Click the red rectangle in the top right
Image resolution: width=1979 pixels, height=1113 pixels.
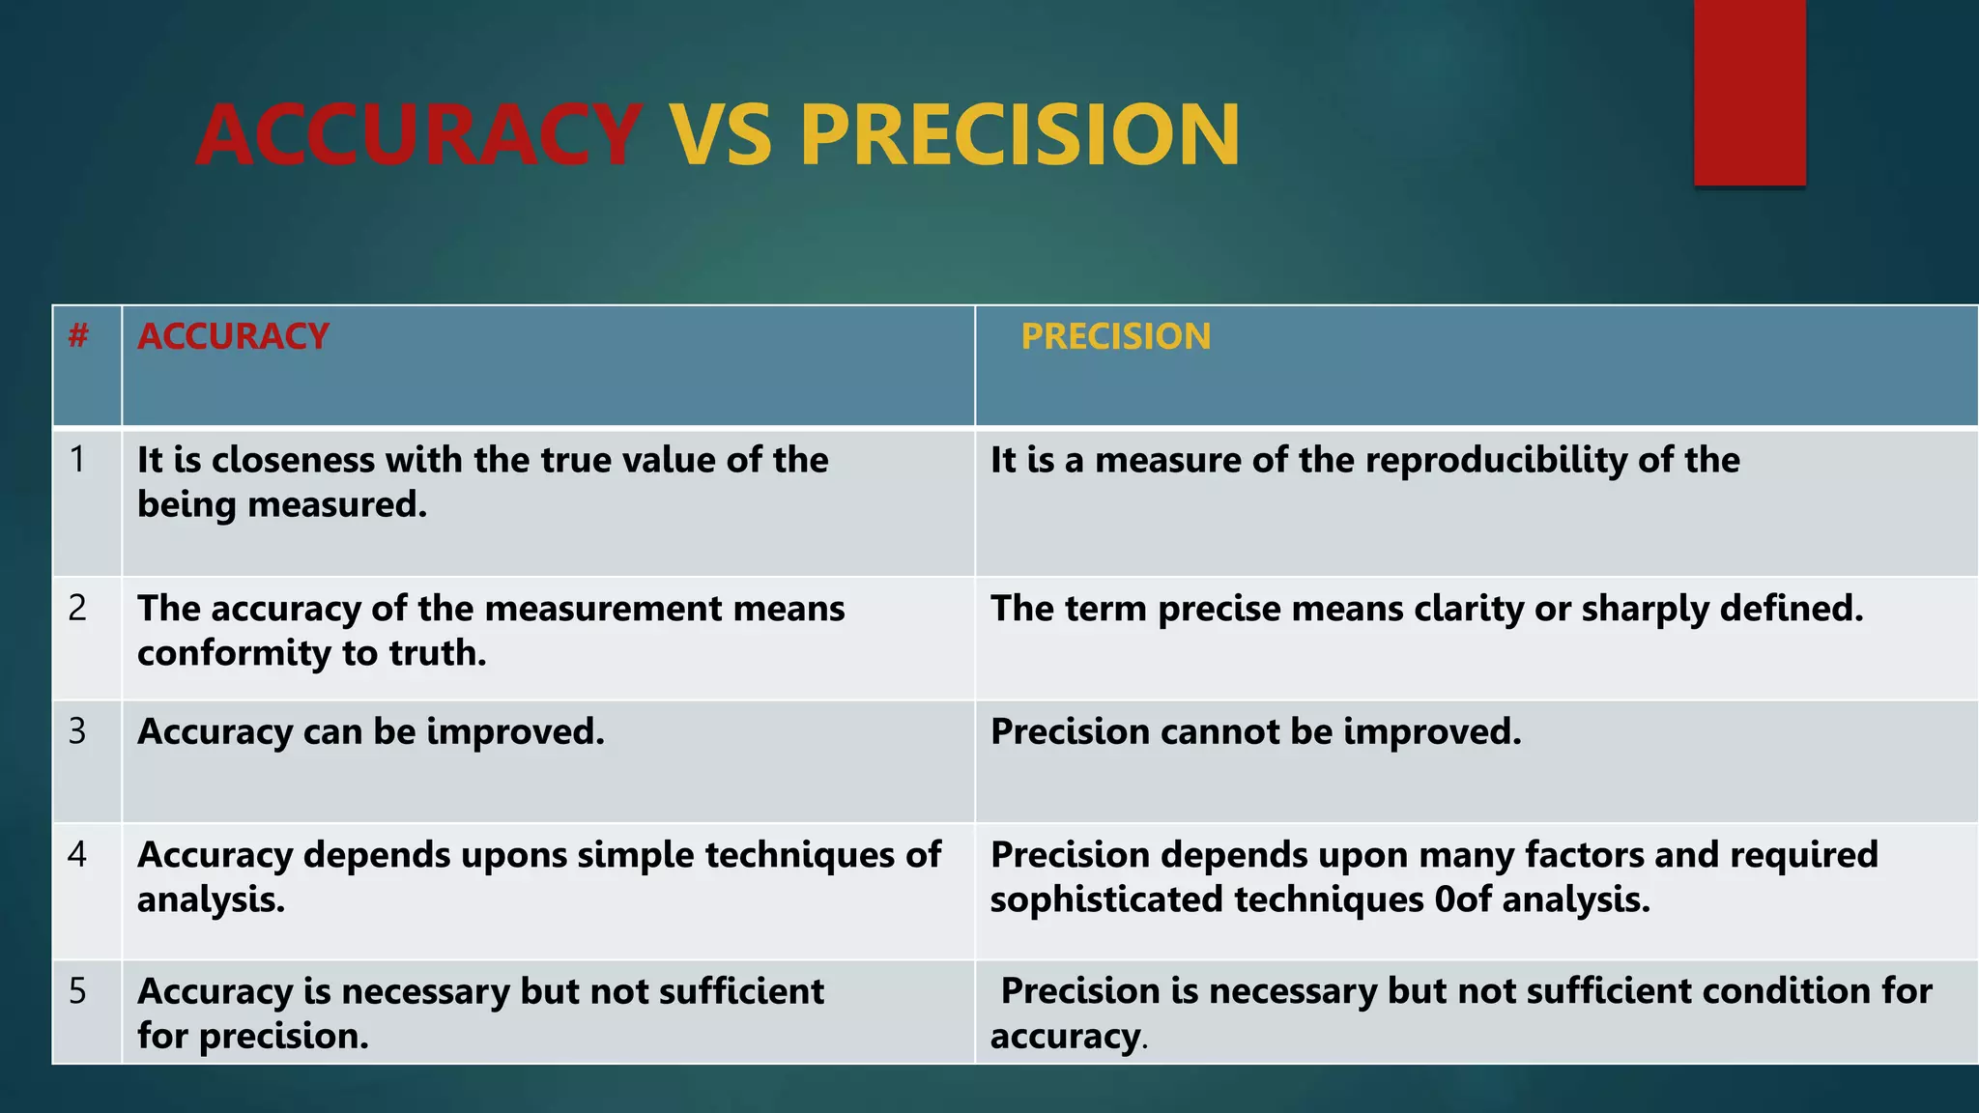tap(1749, 92)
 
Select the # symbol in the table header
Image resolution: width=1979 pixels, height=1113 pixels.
tap(79, 336)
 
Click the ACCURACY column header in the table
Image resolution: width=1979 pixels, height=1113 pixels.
tap(233, 336)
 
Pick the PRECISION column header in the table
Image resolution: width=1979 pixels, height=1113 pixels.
tap(1115, 336)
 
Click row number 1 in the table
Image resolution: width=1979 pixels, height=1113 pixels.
tap(77, 460)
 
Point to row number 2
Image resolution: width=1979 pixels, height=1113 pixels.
tap(77, 609)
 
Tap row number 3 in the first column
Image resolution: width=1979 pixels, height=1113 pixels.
tap(77, 731)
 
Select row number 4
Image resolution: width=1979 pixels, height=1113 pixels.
tap(77, 855)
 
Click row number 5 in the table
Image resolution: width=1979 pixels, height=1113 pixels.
tap(77, 991)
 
